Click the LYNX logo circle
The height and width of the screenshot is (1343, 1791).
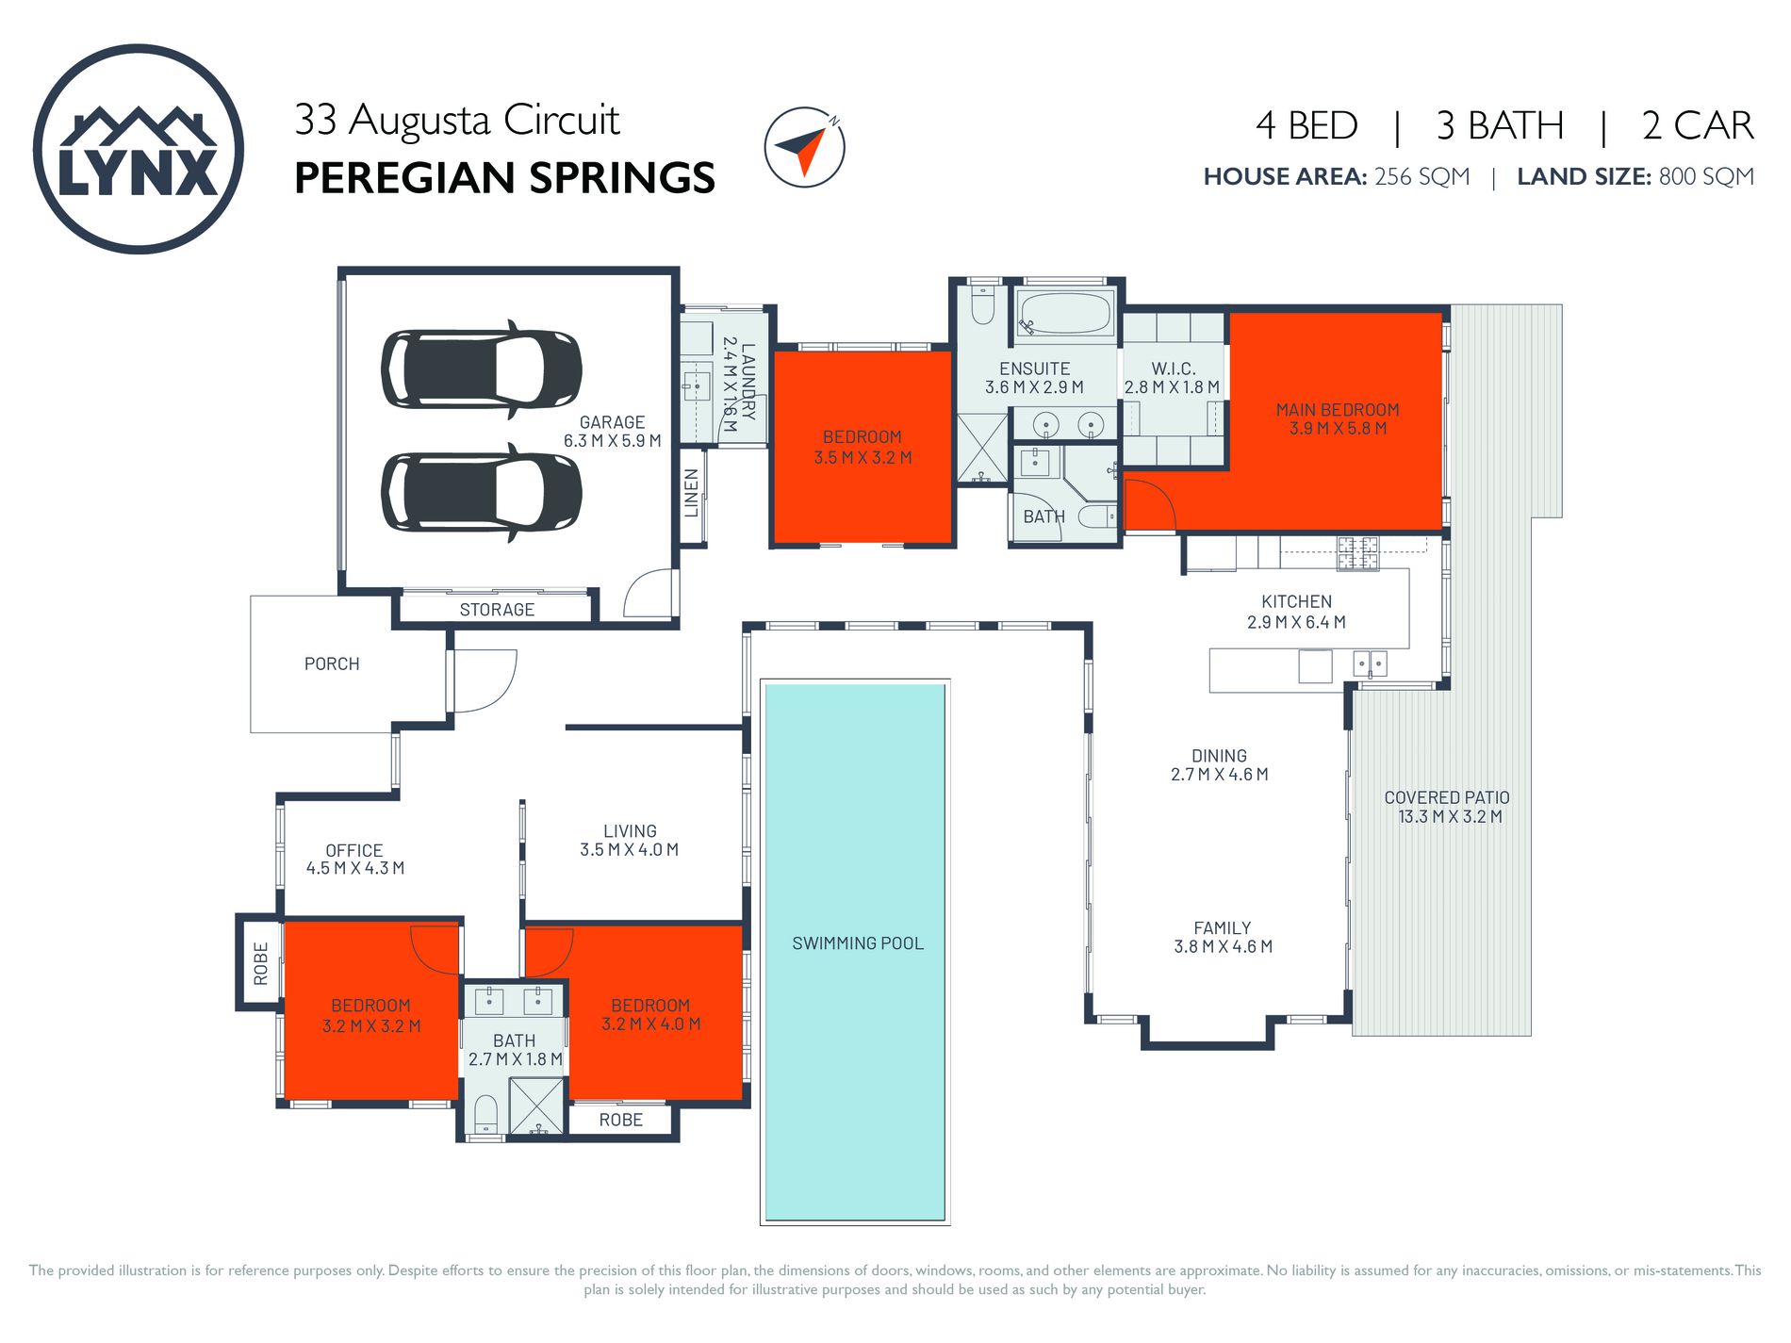(139, 149)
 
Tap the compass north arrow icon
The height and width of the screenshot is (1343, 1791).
(803, 147)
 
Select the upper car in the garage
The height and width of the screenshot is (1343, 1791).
(482, 369)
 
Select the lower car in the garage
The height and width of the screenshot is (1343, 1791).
(482, 493)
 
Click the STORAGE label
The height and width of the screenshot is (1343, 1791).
(497, 610)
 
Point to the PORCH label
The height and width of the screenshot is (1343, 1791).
(332, 663)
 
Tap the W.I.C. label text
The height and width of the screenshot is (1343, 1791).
(1173, 369)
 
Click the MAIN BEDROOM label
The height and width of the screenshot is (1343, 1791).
(1337, 410)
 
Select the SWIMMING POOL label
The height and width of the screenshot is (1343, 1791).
(857, 943)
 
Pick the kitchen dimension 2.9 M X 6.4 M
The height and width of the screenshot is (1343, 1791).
(1296, 622)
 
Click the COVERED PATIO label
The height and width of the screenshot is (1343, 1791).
(1446, 797)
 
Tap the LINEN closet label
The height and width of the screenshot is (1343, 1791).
(692, 493)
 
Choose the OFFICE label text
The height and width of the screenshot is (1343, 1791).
(353, 850)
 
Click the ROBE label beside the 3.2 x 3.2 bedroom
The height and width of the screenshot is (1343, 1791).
(261, 963)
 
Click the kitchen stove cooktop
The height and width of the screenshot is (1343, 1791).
(1357, 553)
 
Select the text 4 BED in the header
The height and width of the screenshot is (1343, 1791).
(1306, 125)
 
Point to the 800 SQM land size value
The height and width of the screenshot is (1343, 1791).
(1705, 176)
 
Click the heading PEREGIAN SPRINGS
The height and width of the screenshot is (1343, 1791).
(504, 178)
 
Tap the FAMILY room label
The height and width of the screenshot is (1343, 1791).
(1222, 928)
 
